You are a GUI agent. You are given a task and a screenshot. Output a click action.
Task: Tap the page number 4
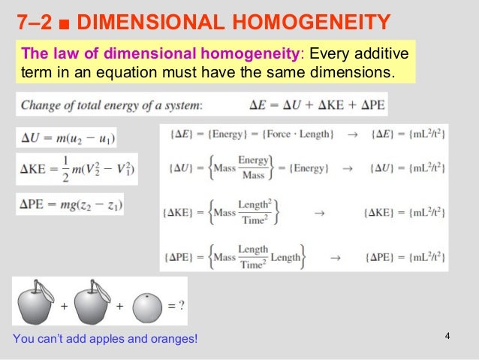[x=447, y=335]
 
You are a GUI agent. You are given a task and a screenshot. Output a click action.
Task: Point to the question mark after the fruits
[x=181, y=306]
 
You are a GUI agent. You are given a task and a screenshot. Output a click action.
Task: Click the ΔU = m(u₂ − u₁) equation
[x=66, y=138]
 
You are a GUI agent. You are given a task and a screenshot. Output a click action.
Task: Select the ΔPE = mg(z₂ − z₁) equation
[x=69, y=204]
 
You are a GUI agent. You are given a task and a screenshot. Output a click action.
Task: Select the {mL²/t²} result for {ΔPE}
[x=405, y=257]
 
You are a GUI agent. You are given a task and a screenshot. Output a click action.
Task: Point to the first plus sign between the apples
[x=64, y=307]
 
